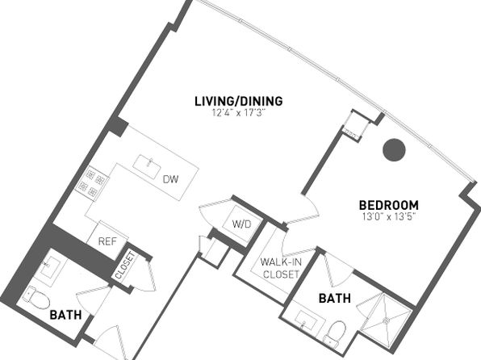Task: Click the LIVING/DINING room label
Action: [x=239, y=101]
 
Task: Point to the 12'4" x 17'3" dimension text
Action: [x=238, y=113]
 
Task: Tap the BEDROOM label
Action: [x=389, y=205]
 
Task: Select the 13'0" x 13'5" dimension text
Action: [x=389, y=216]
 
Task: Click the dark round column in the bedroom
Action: [x=394, y=150]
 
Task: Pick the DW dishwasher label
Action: [x=170, y=179]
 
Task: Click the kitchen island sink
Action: [x=147, y=165]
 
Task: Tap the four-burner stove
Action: [x=91, y=183]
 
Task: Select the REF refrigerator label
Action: [x=107, y=241]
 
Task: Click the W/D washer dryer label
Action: [x=242, y=224]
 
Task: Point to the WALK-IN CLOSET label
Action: [x=281, y=268]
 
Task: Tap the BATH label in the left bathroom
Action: [x=65, y=315]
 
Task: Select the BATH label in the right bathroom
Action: [x=335, y=299]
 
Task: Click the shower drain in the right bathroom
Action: [x=386, y=320]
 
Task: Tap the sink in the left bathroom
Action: [x=51, y=266]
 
